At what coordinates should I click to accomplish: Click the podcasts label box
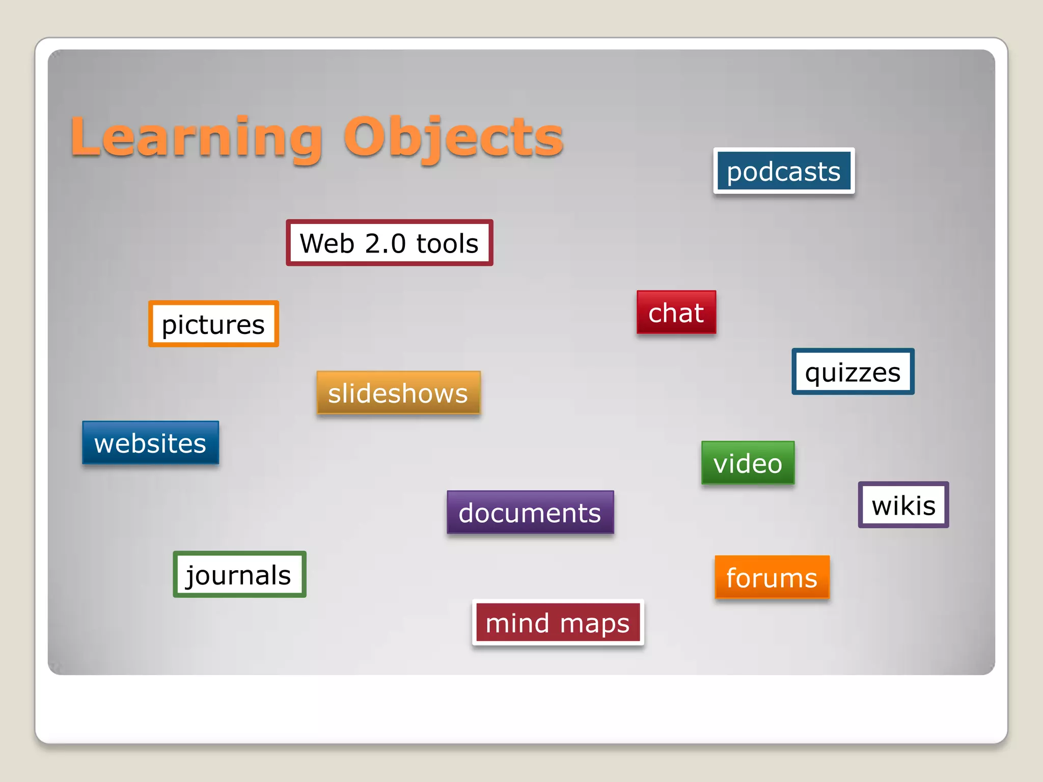(784, 171)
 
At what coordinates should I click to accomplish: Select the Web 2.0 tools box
(390, 243)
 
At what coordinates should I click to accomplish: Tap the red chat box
(676, 312)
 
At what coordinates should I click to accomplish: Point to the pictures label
(213, 324)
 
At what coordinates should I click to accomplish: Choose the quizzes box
(853, 372)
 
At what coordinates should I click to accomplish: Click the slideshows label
(398, 393)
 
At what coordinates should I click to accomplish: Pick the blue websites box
(151, 443)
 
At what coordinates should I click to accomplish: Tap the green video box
(748, 463)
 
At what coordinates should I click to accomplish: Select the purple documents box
(530, 512)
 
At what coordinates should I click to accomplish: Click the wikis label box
(903, 505)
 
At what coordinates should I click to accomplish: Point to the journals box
(239, 574)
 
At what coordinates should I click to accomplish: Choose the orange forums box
(772, 577)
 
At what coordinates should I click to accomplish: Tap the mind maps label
(558, 623)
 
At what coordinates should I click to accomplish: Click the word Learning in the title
(197, 137)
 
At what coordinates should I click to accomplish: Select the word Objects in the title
(453, 137)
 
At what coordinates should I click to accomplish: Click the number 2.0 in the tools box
(386, 243)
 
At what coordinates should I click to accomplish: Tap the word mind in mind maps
(517, 623)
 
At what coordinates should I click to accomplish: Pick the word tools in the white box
(448, 243)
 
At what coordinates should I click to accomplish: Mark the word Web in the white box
(327, 243)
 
